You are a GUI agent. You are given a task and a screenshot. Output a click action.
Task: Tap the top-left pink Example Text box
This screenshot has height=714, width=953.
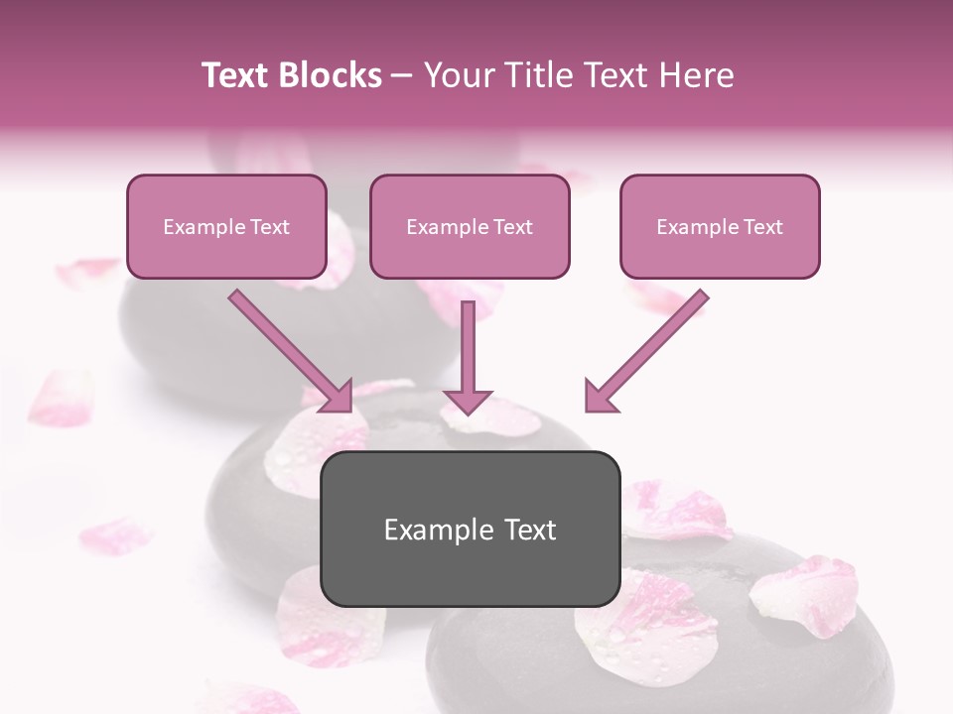point(226,226)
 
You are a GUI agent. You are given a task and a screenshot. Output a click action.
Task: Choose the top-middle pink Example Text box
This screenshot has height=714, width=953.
point(470,226)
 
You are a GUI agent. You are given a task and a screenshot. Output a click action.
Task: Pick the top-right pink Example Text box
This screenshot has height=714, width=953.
point(720,226)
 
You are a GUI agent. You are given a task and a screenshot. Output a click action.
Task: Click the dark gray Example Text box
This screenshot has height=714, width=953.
point(470,530)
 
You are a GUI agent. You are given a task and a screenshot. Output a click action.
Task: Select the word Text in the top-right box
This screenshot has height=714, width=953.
point(762,226)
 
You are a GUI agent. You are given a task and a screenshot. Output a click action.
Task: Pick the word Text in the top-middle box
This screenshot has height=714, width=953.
point(512,226)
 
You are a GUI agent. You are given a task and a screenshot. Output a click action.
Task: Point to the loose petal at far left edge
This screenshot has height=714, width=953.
point(62,397)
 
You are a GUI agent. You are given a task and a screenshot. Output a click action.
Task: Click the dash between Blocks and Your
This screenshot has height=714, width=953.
point(402,75)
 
